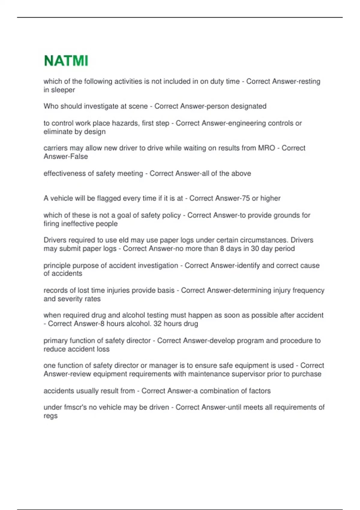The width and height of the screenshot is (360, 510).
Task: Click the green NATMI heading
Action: click(66, 61)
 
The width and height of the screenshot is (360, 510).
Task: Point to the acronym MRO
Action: click(266, 148)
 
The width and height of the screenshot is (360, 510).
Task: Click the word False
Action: click(79, 157)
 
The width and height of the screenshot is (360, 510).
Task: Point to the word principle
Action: click(56, 265)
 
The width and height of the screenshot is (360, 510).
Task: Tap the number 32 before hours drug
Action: click(157, 324)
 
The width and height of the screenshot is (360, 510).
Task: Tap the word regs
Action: click(50, 416)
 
